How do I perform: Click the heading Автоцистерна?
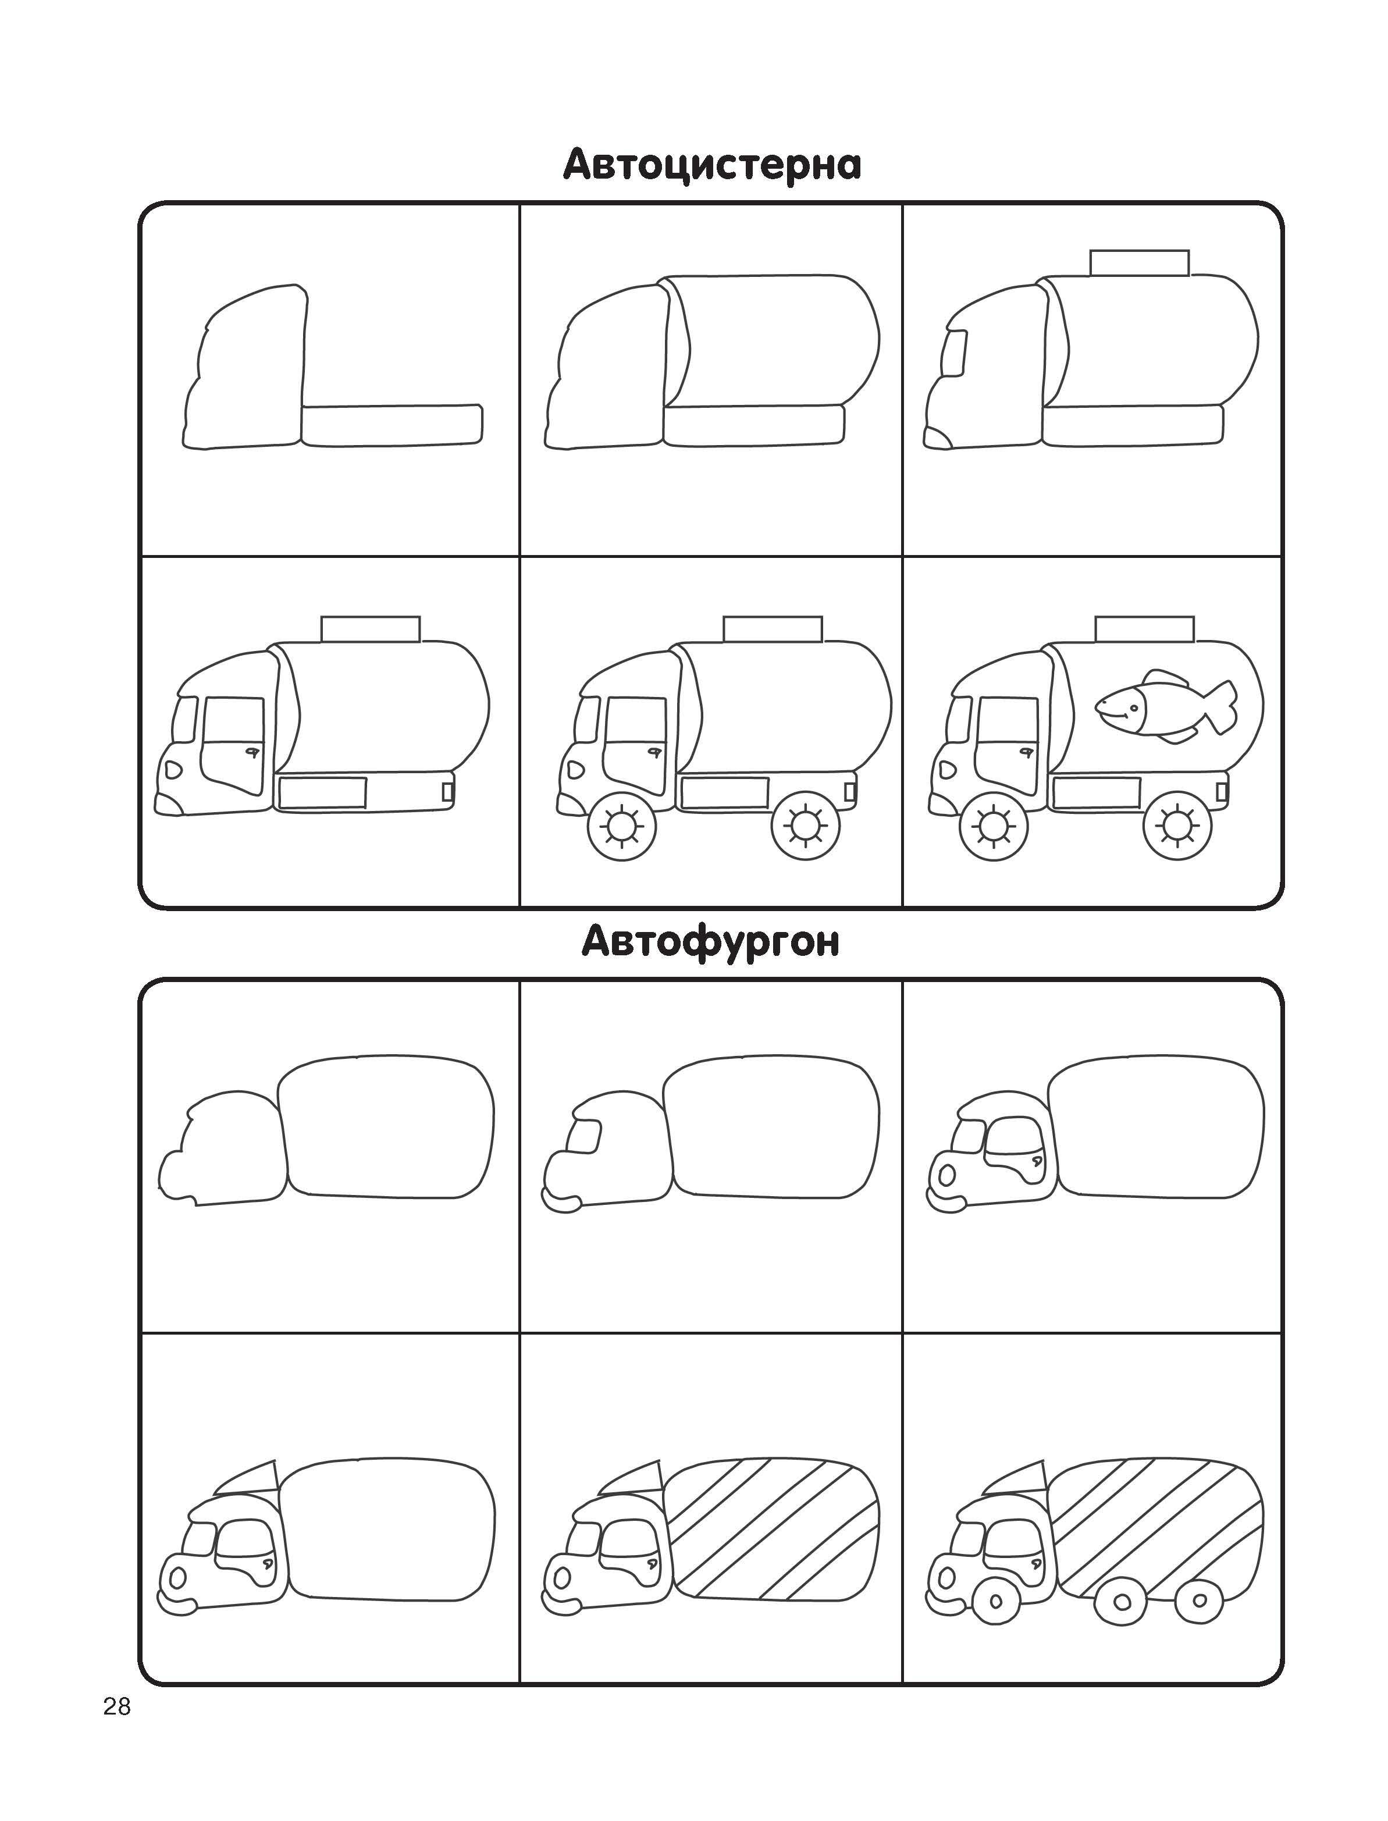click(712, 165)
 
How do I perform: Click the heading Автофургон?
click(710, 942)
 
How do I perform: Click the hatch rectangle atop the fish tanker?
click(1144, 628)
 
